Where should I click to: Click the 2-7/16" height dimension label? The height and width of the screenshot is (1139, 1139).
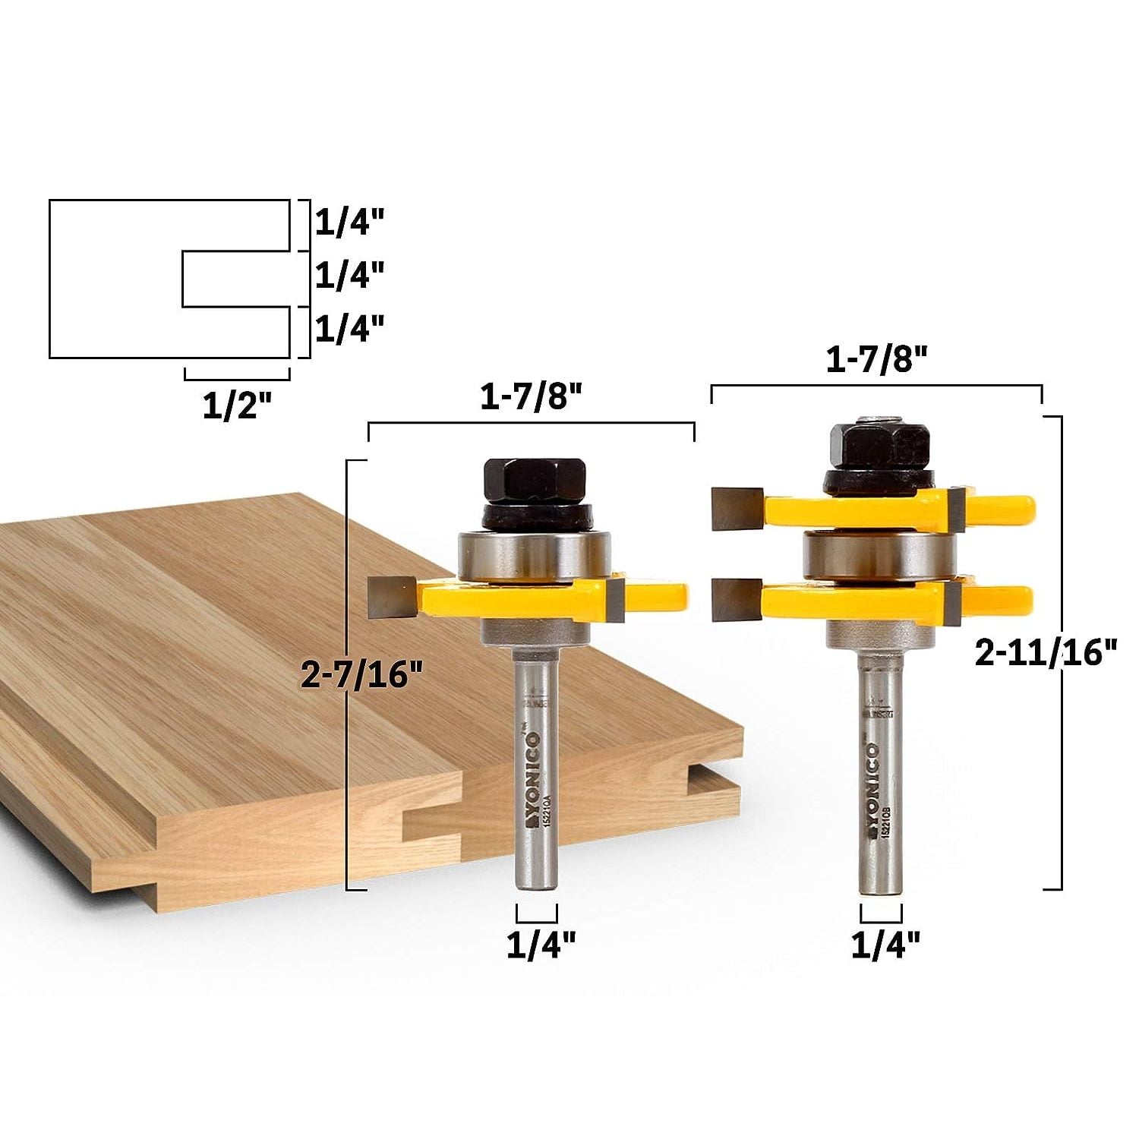pos(361,674)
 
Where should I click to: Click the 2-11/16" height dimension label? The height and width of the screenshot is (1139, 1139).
pos(1046,652)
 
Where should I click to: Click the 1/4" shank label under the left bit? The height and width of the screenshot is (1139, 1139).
pos(541,945)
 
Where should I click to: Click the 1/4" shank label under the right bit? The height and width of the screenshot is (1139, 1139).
pos(885,945)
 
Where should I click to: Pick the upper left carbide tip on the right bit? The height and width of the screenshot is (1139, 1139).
pos(736,507)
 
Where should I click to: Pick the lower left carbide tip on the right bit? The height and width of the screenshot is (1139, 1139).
pos(736,598)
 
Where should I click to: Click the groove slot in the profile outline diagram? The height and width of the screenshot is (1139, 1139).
pos(235,279)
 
